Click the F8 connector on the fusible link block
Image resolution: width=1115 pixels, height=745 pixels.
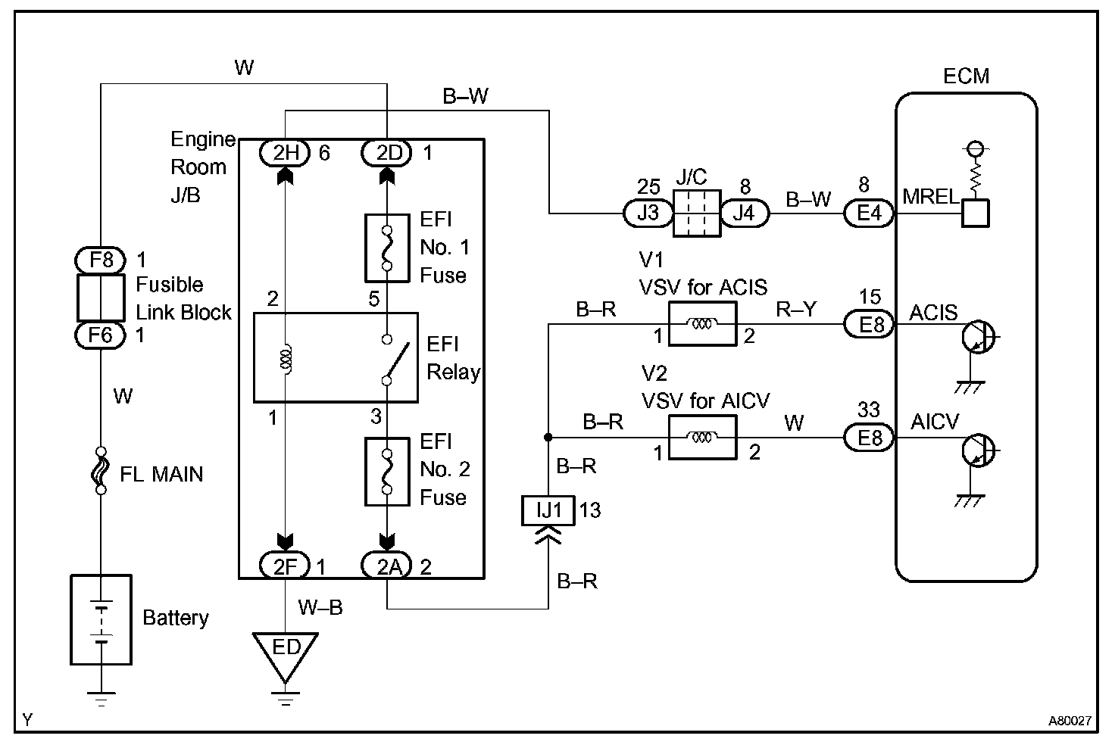(x=101, y=260)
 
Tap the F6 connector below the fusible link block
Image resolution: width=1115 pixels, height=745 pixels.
(x=101, y=334)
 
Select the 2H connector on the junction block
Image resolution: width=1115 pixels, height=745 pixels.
(x=286, y=154)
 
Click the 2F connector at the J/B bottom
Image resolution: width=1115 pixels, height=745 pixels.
(x=285, y=566)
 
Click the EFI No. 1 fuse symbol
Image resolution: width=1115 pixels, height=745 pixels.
(x=386, y=248)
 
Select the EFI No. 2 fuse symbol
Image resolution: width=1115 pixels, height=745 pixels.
(x=386, y=471)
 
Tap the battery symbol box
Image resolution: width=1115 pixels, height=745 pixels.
(x=101, y=619)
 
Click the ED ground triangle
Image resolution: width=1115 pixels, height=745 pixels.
(x=286, y=651)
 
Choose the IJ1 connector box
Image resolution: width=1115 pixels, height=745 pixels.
(x=549, y=510)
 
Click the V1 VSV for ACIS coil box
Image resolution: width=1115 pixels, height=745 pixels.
(x=702, y=324)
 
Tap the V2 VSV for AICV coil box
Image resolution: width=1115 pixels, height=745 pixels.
(x=702, y=437)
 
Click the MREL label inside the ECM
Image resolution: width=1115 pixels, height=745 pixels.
(x=930, y=197)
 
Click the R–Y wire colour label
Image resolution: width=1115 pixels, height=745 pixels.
(x=795, y=309)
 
